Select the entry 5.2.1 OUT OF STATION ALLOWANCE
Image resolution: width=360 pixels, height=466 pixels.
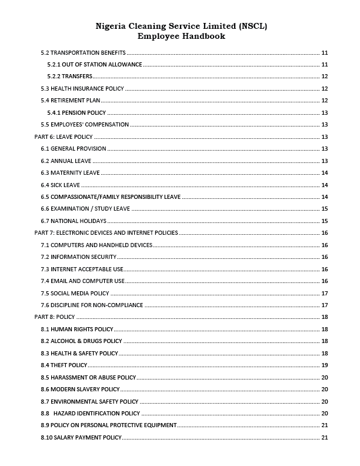94,64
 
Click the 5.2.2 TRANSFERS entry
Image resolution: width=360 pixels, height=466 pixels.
69,76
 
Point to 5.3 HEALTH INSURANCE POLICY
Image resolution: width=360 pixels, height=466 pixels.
82,89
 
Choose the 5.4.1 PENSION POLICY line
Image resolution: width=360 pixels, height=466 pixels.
76,113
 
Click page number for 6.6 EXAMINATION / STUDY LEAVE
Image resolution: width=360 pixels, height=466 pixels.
325,209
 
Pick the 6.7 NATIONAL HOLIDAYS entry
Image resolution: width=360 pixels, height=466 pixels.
74,221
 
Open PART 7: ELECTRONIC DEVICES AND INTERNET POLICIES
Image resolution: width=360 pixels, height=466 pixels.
106,233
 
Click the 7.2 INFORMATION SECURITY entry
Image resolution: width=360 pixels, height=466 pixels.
79,257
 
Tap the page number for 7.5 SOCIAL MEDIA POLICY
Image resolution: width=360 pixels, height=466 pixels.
325,293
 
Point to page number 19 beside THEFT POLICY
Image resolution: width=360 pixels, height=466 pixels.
325,365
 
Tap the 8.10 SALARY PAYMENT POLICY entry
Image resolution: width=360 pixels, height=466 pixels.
81,438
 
